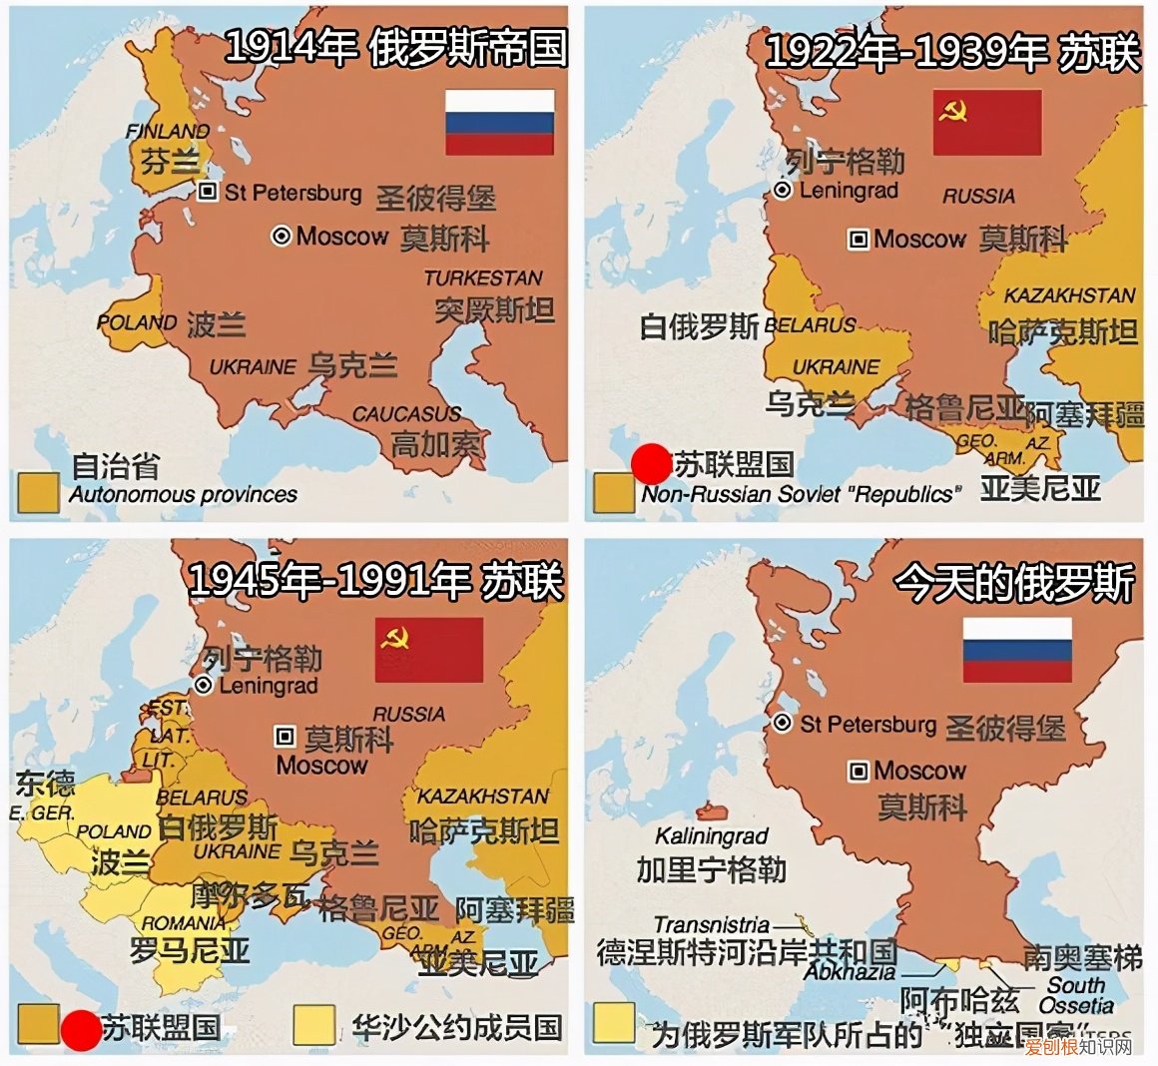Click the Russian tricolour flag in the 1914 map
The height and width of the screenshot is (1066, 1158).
pyautogui.click(x=499, y=122)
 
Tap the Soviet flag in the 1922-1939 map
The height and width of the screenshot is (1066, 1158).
pyautogui.click(x=986, y=122)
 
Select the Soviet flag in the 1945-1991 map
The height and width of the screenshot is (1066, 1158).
pyautogui.click(x=429, y=650)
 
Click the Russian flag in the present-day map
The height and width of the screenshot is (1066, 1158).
pyautogui.click(x=1016, y=650)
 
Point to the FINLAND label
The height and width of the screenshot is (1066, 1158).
pyautogui.click(x=168, y=132)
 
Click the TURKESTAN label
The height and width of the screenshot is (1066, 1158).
pyautogui.click(x=483, y=278)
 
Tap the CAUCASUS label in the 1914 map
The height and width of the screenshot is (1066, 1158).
pyautogui.click(x=406, y=413)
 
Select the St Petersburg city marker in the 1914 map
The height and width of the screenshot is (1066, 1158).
pyautogui.click(x=208, y=192)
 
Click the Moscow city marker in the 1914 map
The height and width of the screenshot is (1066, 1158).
pyautogui.click(x=282, y=236)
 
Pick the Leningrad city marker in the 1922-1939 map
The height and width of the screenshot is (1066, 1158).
pyautogui.click(x=784, y=190)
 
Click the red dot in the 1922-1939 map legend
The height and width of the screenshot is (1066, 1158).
pyautogui.click(x=652, y=464)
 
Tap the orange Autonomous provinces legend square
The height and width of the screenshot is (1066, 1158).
pyautogui.click(x=38, y=491)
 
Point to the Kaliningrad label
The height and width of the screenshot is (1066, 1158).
pyautogui.click(x=712, y=835)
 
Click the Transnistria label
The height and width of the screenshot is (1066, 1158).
pyautogui.click(x=712, y=925)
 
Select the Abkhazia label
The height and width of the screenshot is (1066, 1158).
pyautogui.click(x=850, y=971)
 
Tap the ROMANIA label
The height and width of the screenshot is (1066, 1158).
pyautogui.click(x=184, y=922)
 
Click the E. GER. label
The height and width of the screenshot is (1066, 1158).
pyautogui.click(x=42, y=813)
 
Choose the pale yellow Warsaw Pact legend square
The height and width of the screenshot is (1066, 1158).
pyautogui.click(x=313, y=1023)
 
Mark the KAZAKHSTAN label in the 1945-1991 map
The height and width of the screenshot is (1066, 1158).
pyautogui.click(x=483, y=797)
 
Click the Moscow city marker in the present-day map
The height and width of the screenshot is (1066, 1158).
pyautogui.click(x=858, y=771)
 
